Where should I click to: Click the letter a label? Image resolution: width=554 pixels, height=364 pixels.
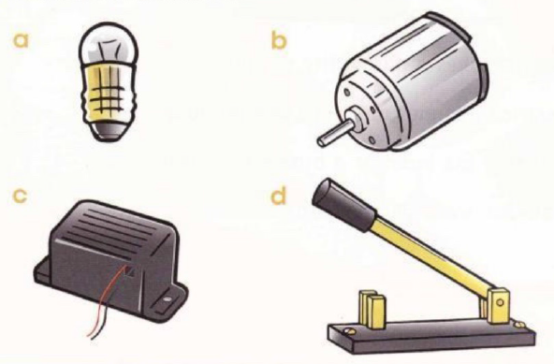[21, 40]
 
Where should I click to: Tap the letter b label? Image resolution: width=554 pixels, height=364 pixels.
[279, 39]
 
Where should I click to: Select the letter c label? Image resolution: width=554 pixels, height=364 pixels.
[20, 196]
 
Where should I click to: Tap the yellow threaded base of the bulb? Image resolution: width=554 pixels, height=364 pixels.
[109, 95]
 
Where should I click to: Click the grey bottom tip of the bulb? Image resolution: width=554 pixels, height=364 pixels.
[109, 131]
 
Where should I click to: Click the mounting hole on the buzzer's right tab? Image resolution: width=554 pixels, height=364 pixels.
[168, 299]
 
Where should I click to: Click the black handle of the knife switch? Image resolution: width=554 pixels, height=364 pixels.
[343, 205]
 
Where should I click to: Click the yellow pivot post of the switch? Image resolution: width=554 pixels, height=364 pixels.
[498, 306]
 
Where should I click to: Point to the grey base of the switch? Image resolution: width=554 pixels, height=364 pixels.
[432, 335]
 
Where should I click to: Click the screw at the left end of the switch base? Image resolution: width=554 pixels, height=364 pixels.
[346, 331]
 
